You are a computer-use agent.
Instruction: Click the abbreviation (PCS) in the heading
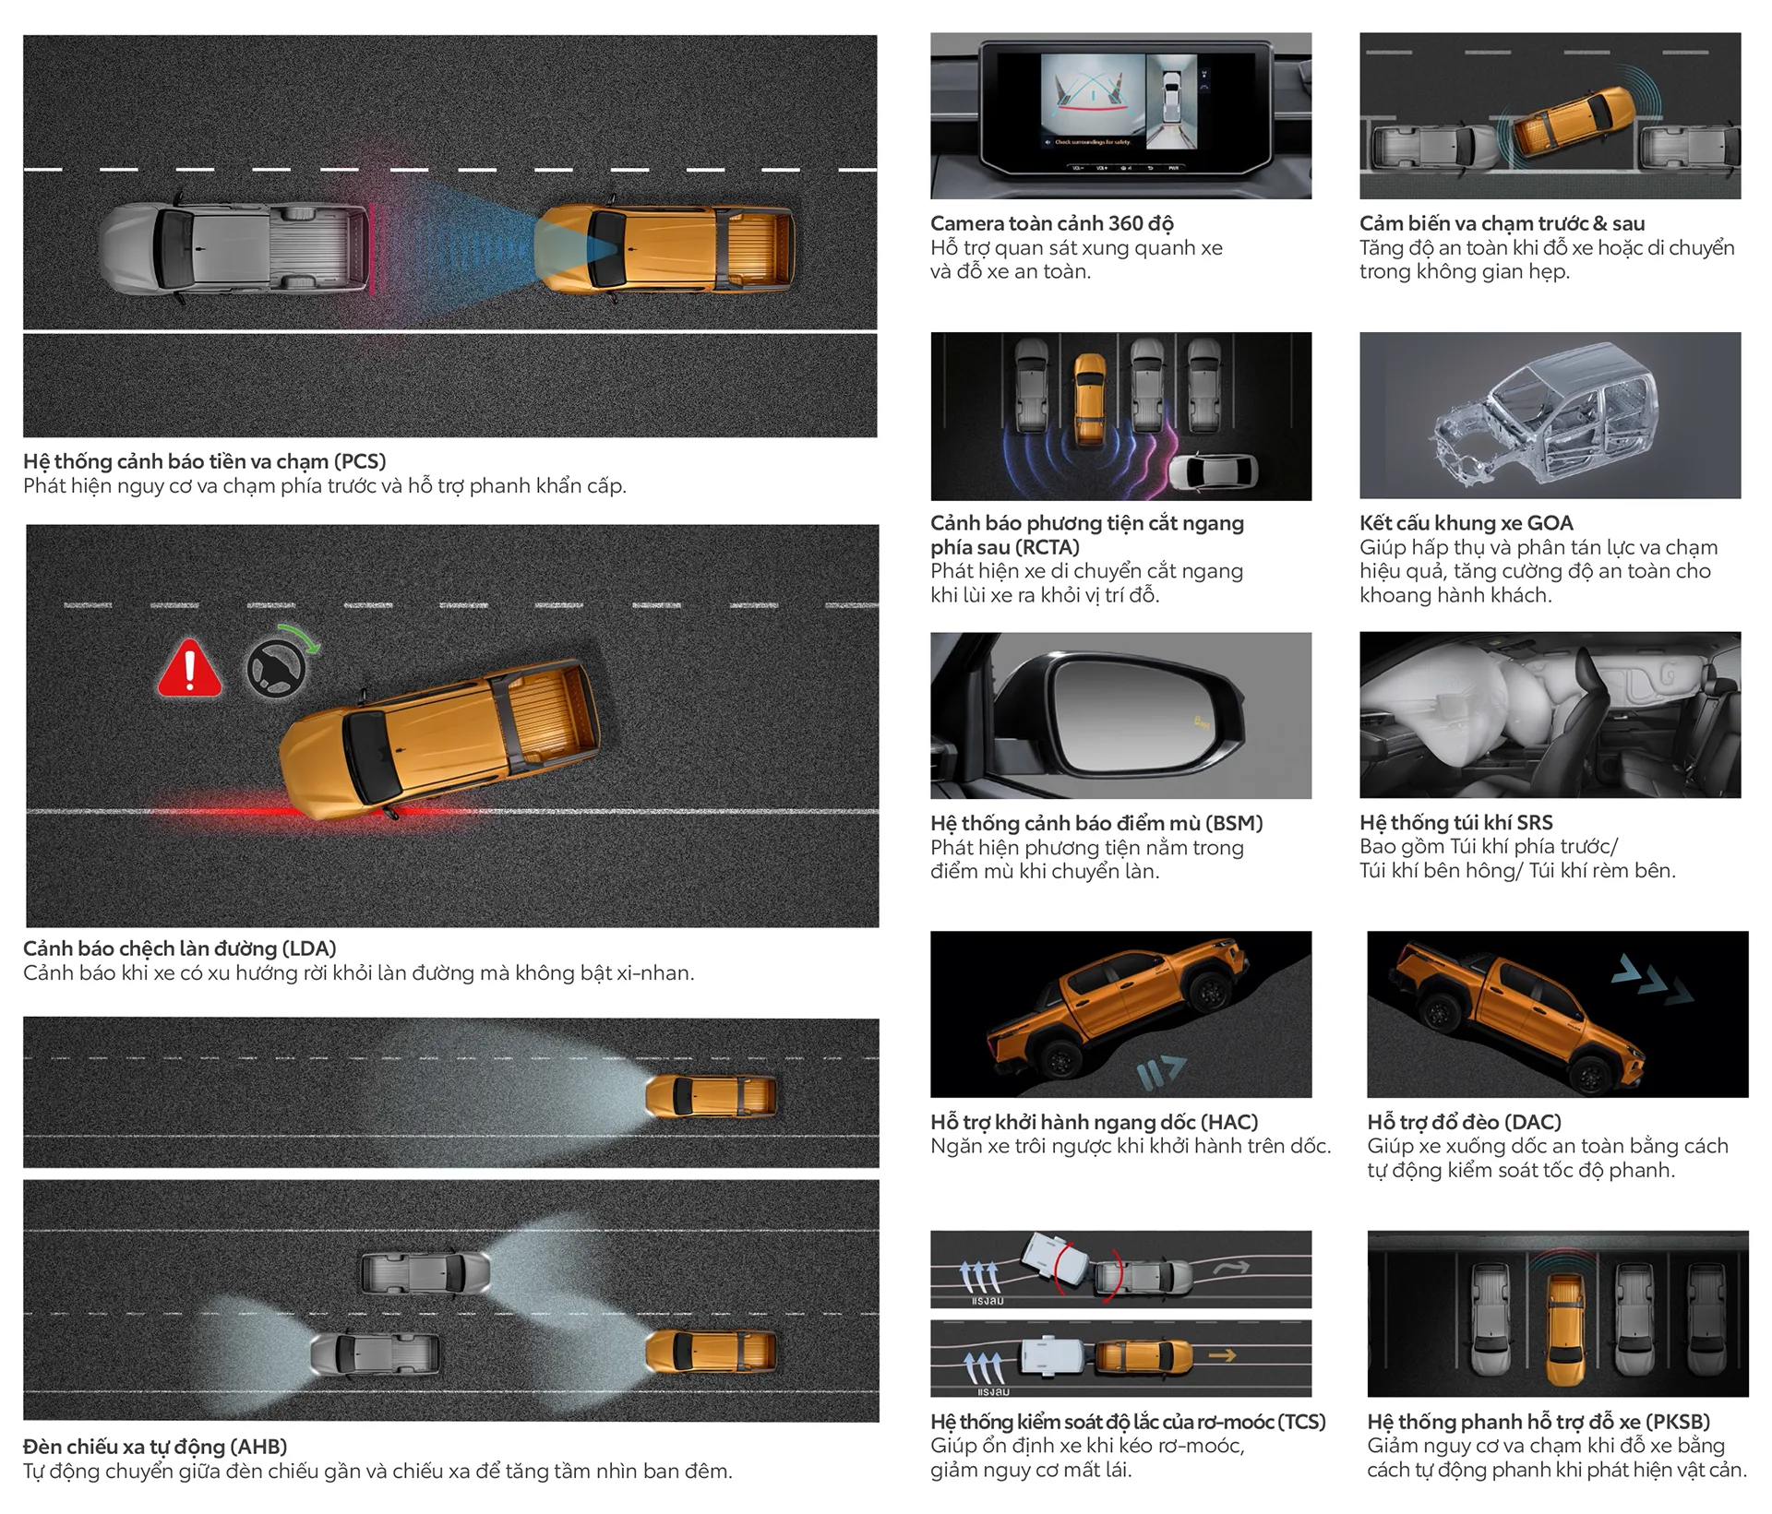coord(360,461)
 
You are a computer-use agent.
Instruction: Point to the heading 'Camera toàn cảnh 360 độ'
coord(1052,223)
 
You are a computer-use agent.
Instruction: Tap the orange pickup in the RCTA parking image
coord(1090,400)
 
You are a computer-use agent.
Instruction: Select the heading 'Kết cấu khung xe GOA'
coord(1466,523)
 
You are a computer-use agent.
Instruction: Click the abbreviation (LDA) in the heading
coord(308,948)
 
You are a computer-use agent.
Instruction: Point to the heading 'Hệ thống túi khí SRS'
coord(1455,822)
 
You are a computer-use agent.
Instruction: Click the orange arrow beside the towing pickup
coord(1223,1355)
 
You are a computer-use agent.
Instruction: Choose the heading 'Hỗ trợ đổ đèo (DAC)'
coord(1465,1122)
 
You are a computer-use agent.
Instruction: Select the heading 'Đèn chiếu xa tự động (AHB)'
coord(155,1447)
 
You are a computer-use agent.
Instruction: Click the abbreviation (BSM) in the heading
coord(1232,823)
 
